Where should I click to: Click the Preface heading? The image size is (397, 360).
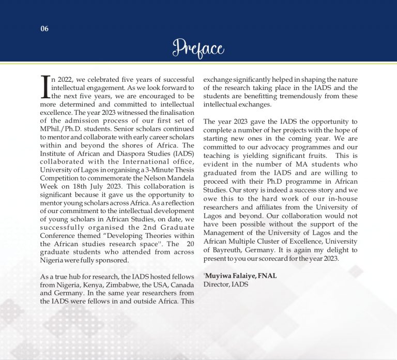(x=198, y=49)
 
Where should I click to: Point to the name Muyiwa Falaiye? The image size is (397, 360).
(x=230, y=276)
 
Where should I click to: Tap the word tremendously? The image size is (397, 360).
(x=306, y=96)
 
